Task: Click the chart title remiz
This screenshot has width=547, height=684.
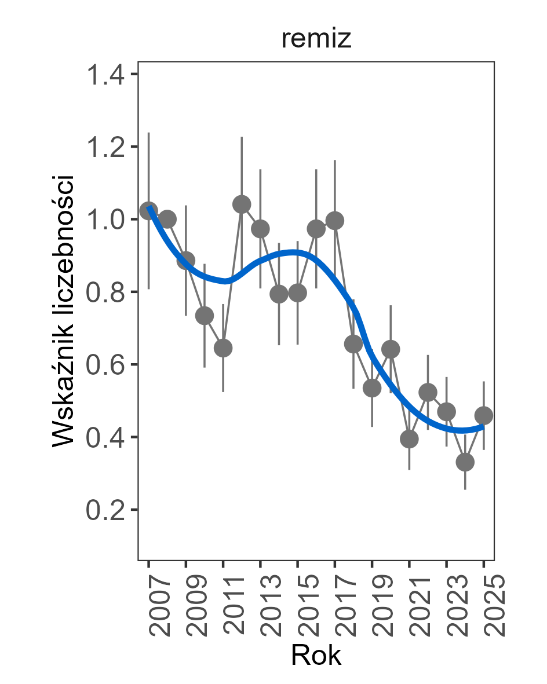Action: coord(316,39)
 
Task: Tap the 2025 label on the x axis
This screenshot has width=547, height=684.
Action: coord(492,606)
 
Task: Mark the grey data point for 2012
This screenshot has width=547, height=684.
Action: coord(242,204)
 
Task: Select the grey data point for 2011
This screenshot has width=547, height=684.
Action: coord(223,348)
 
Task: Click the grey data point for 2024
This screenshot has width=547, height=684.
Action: coord(465,462)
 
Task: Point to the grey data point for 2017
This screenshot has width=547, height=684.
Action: coord(334,220)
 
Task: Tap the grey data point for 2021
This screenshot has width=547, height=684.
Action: coord(409,439)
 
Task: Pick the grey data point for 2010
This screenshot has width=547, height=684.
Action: coord(205,316)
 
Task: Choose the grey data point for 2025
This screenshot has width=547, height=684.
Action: coord(484,415)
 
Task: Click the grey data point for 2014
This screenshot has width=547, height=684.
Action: coord(279,294)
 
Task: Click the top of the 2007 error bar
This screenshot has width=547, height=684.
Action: coord(149,133)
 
